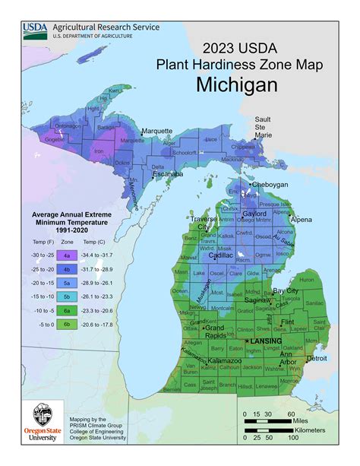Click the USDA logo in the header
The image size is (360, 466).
pyautogui.click(x=35, y=30)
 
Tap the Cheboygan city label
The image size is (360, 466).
pyautogui.click(x=272, y=185)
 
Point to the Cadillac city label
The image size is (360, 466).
pyautogui.click(x=221, y=255)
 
